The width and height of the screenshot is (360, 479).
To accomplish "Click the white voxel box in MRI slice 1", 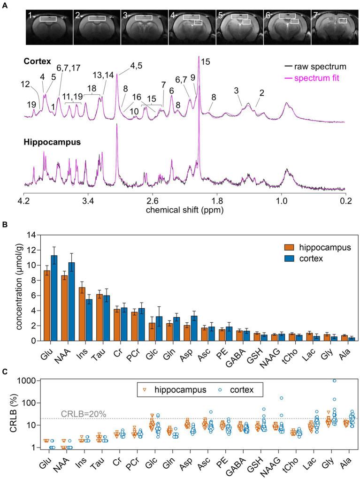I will (x=48, y=19).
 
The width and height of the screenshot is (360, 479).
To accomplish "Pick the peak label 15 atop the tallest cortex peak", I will (x=206, y=61).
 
